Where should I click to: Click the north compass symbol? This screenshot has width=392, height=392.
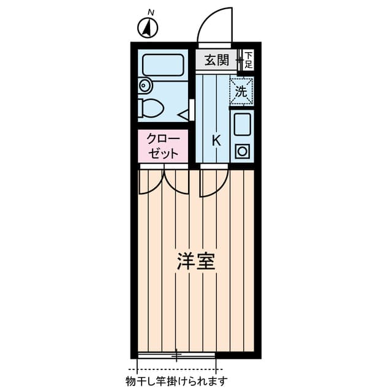pos(148,27)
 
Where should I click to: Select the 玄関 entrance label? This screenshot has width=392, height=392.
pos(216,60)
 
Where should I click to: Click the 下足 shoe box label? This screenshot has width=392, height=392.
pos(248,59)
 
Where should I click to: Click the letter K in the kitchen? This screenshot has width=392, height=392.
pos(216,140)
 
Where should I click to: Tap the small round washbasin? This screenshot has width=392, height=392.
pos(145,86)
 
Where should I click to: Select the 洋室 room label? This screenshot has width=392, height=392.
pos(195,262)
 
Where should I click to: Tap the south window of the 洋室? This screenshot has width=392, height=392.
pos(176,355)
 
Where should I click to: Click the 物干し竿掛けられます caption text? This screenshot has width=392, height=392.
pos(176,382)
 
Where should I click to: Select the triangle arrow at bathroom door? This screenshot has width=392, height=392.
pos(183,113)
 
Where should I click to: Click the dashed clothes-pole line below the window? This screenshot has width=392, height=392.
pos(176,369)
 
